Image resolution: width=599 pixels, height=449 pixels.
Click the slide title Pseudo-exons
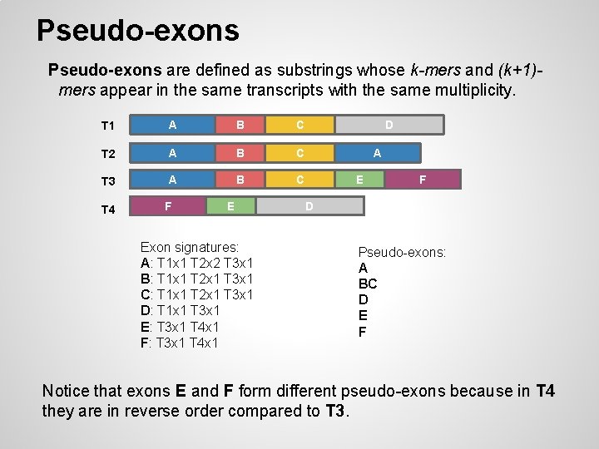(137, 31)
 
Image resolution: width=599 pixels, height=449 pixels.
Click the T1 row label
(107, 126)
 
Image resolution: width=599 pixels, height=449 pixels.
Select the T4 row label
(107, 210)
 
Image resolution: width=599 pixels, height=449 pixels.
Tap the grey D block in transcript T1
(389, 125)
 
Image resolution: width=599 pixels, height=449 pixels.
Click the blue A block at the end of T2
(377, 153)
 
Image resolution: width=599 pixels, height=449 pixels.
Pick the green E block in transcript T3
(359, 179)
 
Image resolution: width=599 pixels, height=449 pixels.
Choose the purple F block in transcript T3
(423, 179)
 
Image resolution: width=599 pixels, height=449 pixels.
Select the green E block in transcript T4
(230, 205)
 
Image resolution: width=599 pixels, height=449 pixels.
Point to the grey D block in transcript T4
(309, 205)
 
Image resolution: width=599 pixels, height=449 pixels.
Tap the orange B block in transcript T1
(240, 126)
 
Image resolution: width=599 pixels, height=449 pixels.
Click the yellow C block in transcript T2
(299, 153)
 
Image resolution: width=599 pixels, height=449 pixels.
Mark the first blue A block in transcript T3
(172, 180)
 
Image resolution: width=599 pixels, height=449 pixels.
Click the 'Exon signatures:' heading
(190, 247)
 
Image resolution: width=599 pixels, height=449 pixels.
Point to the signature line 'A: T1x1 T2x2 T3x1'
(196, 263)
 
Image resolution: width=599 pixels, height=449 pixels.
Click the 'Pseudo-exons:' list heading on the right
(402, 252)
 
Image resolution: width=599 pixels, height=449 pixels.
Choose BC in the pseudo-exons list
(368, 284)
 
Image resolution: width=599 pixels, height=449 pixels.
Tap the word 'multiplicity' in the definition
(475, 90)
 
